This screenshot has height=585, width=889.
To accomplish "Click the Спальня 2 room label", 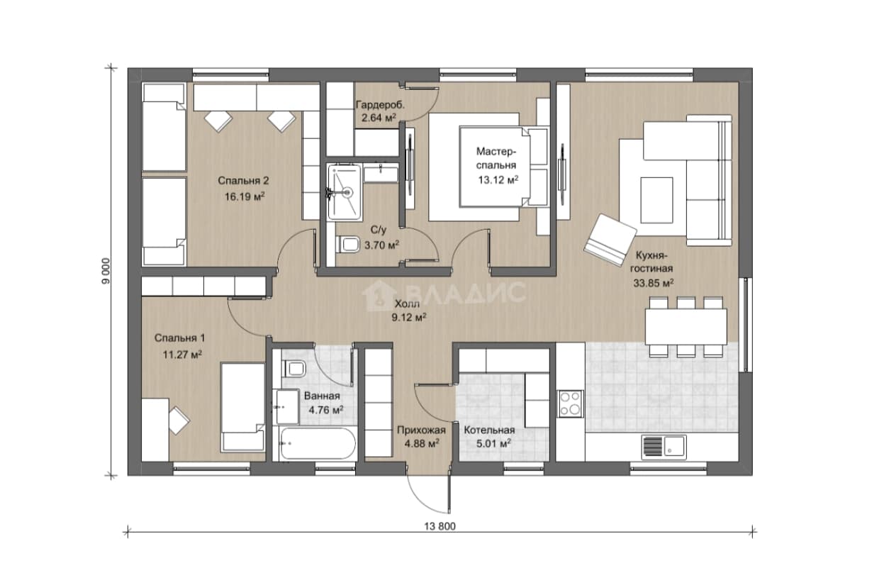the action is coord(243,181).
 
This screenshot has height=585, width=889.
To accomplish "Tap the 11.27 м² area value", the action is coord(182,354).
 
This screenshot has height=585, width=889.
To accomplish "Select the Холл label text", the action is coord(407,304).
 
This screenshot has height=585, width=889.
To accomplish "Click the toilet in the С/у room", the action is coord(348,244).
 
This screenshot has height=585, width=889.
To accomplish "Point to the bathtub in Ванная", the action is coord(318,444).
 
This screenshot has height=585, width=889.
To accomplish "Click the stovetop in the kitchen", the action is coord(570,403).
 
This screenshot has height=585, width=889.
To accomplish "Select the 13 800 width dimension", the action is coord(440,527).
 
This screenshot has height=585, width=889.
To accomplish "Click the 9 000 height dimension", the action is coord(106,272).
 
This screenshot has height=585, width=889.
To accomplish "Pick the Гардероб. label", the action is coord(380,106).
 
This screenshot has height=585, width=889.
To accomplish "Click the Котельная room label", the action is coord(489,430).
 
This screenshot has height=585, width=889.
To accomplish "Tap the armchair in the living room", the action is coord(610,240).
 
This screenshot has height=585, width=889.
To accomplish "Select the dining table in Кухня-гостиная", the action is coord(686,327).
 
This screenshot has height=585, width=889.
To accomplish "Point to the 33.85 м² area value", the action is coord(654,283).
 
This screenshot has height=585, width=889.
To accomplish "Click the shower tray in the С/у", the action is coord(345,192).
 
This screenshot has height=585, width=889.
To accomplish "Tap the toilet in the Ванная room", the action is coord(293,369).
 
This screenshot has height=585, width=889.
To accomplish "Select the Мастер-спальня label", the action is coord(496,158).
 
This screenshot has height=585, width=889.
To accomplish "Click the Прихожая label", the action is coord(422,430).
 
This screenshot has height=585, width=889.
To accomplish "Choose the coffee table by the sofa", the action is coord(657,201).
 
